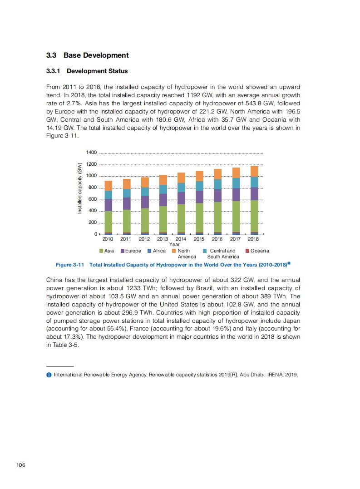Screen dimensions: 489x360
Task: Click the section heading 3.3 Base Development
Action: (88, 55)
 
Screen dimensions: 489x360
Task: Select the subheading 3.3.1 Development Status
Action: (87, 71)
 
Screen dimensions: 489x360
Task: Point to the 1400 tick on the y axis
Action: (91, 153)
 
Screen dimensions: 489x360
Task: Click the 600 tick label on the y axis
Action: (93, 199)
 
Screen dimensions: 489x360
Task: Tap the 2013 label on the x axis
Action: (163, 239)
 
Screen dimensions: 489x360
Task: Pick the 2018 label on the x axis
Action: (253, 239)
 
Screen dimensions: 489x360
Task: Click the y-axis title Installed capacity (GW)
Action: (79, 188)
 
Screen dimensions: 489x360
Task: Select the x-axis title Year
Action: (174, 245)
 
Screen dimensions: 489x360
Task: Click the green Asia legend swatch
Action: (101, 251)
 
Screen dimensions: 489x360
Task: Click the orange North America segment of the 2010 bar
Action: (108, 185)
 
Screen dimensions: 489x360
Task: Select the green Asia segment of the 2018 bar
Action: (254, 216)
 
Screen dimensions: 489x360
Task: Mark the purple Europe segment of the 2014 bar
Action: (181, 198)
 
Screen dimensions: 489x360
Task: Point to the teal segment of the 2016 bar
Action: (217, 184)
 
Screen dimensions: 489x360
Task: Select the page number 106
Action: (20, 464)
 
